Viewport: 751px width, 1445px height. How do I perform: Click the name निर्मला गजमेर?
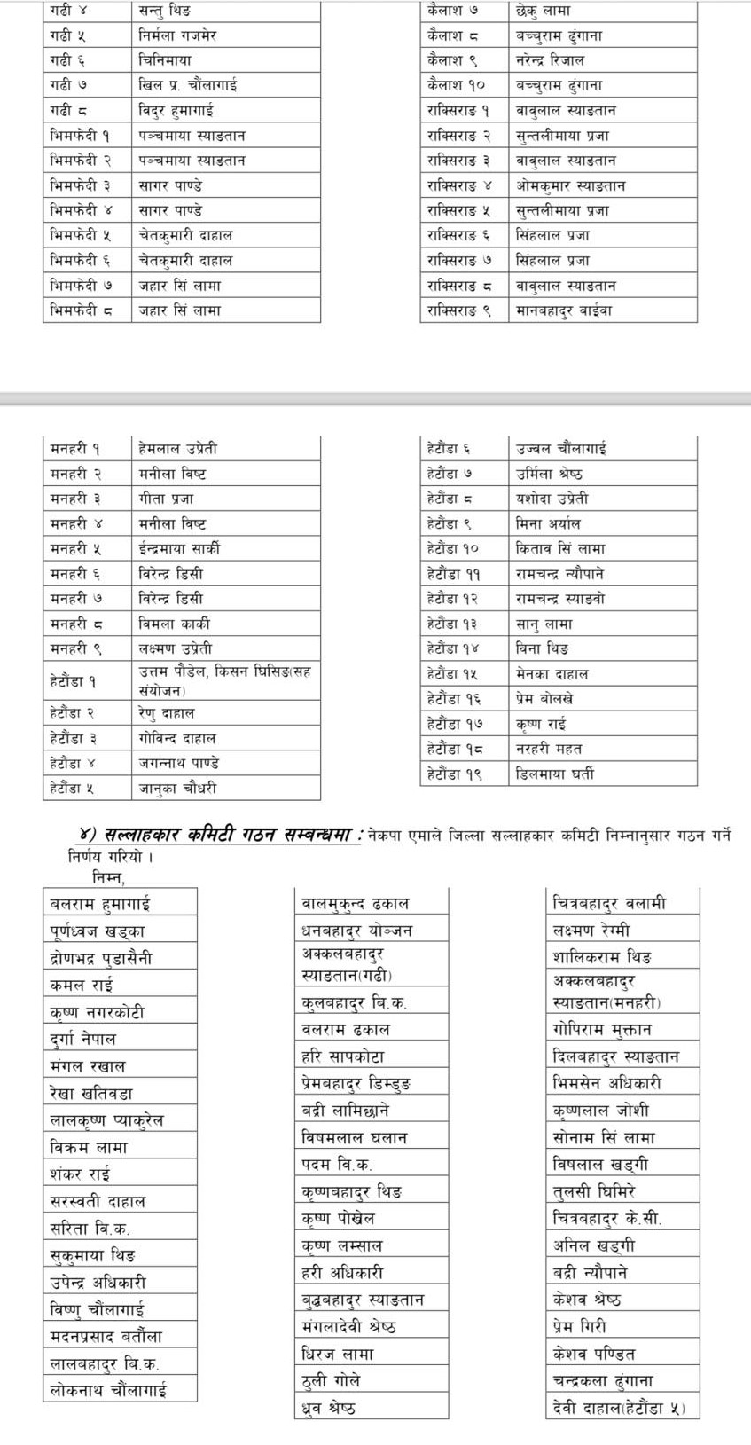[x=177, y=36]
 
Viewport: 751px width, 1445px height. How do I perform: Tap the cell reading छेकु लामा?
[x=543, y=12]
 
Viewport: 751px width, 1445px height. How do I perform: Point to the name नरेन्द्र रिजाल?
[x=550, y=61]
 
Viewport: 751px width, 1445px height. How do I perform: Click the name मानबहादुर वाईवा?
[x=564, y=311]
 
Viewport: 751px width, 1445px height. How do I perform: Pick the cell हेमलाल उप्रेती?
[x=177, y=449]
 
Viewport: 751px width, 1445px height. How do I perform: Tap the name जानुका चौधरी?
[x=177, y=789]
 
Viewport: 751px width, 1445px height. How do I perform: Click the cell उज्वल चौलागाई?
[x=561, y=449]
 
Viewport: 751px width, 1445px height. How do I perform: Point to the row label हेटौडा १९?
[x=454, y=774]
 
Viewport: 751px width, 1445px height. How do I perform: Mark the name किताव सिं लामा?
[x=560, y=549]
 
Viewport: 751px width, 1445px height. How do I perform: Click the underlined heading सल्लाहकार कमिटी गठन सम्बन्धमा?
[x=231, y=835]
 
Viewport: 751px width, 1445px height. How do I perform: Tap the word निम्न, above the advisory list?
[x=108, y=878]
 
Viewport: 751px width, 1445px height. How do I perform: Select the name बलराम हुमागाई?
[x=100, y=904]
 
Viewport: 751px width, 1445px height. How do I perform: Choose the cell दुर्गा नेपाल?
[x=83, y=1039]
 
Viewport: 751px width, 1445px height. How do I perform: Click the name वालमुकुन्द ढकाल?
[x=356, y=904]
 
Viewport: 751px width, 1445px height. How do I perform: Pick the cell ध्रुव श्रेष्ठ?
[x=329, y=1408]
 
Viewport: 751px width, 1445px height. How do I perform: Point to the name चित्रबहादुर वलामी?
[x=609, y=904]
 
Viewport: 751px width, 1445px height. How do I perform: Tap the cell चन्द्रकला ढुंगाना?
[x=603, y=1381]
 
